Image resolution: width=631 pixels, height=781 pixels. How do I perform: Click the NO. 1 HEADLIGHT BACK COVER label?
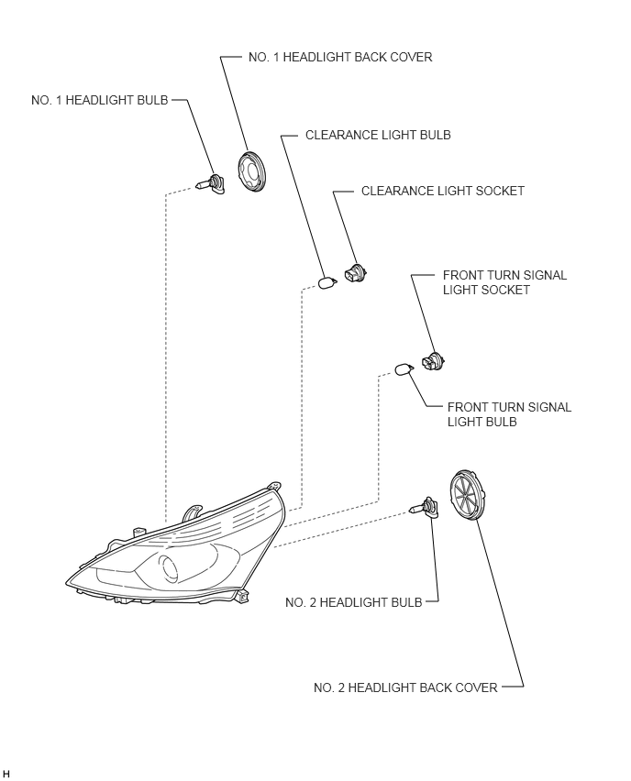click(x=340, y=57)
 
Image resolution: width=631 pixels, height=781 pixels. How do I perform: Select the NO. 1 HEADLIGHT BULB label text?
click(x=100, y=100)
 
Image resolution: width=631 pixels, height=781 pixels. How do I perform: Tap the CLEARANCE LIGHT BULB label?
click(x=378, y=135)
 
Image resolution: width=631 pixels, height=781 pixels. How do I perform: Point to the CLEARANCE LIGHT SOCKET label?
click(x=443, y=191)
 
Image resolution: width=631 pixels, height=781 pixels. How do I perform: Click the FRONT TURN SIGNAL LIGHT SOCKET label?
click(x=504, y=282)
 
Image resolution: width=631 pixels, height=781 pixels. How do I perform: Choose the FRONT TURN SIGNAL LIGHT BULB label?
click(x=509, y=414)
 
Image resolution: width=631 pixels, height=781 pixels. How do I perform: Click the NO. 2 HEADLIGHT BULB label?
click(x=353, y=602)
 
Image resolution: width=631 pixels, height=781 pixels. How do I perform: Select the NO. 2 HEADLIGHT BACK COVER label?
click(x=405, y=687)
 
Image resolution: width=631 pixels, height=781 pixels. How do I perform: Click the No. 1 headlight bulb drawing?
click(x=210, y=184)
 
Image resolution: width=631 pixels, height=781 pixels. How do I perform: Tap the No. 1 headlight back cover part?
click(x=251, y=170)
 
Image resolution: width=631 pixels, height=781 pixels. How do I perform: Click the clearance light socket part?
click(x=356, y=273)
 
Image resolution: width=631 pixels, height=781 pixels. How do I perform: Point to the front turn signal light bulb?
click(x=404, y=369)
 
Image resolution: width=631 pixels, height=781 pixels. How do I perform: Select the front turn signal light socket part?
click(x=432, y=360)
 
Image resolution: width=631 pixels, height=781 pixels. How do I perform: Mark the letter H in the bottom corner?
click(x=6, y=773)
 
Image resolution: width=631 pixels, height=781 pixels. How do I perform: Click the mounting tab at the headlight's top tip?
click(x=274, y=486)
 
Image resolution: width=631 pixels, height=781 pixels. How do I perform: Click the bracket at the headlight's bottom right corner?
click(x=241, y=595)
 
